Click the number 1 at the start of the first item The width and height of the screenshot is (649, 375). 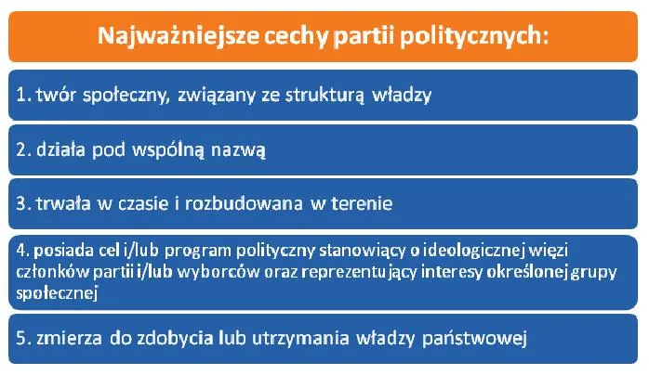(21, 94)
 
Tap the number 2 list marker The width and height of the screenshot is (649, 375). (22, 148)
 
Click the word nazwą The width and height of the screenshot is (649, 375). (244, 148)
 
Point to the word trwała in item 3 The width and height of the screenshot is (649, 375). (63, 202)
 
